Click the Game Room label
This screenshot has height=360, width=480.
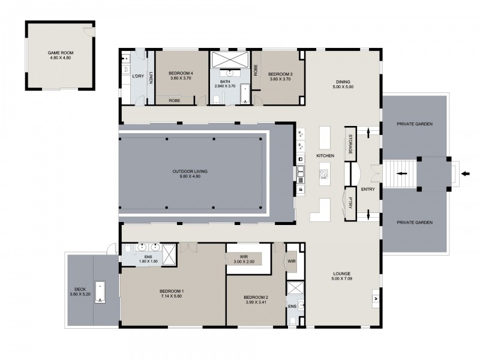61,53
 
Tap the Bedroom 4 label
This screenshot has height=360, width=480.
181,73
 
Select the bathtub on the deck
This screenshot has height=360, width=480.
100,292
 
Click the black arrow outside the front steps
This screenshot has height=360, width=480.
466,174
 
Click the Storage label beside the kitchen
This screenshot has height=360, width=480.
350,144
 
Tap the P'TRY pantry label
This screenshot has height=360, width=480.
350,202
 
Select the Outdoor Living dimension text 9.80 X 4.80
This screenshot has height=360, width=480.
190,176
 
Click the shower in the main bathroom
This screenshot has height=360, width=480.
230,59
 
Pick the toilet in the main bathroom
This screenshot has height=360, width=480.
216,99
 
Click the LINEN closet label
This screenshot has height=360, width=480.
151,77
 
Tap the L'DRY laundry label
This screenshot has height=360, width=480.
138,76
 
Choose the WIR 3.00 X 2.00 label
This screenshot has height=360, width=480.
244,259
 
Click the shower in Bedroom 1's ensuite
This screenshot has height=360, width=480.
169,254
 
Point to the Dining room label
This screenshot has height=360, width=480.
343,82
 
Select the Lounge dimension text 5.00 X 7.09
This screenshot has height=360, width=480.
341,278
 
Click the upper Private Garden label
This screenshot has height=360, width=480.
415,124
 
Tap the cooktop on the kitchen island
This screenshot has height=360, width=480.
324,174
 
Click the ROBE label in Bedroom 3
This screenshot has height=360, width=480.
256,70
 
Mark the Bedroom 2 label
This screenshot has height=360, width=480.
256,297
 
